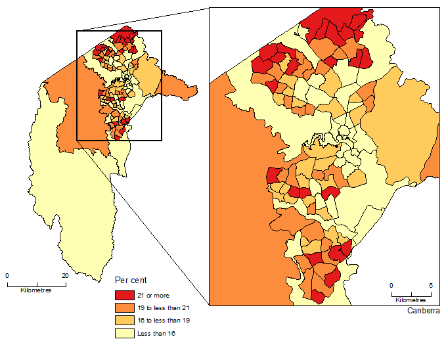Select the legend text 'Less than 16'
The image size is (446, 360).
coord(159,333)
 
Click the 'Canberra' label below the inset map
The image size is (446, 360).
coord(423,311)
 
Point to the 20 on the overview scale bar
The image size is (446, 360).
coord(64,276)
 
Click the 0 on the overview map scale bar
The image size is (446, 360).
coord(7,276)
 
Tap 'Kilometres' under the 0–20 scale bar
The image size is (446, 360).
coord(36,290)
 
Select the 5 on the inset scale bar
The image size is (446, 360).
coord(432,286)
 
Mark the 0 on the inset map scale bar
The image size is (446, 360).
coord(391,286)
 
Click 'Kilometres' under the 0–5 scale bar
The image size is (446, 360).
coord(411,300)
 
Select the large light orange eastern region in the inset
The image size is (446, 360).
coord(401,131)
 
